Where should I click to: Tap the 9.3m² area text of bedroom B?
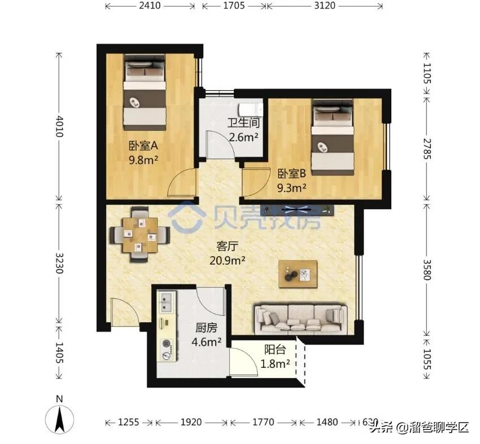coord(291,187)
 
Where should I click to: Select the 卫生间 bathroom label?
coord(243,122)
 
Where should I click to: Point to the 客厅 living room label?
coord(228,246)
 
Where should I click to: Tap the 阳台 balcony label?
coord(275,349)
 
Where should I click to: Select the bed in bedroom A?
coord(145,90)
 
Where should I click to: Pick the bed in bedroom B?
coord(332,136)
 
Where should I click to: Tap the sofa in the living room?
coord(299,317)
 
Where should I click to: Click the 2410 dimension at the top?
coord(150,6)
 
